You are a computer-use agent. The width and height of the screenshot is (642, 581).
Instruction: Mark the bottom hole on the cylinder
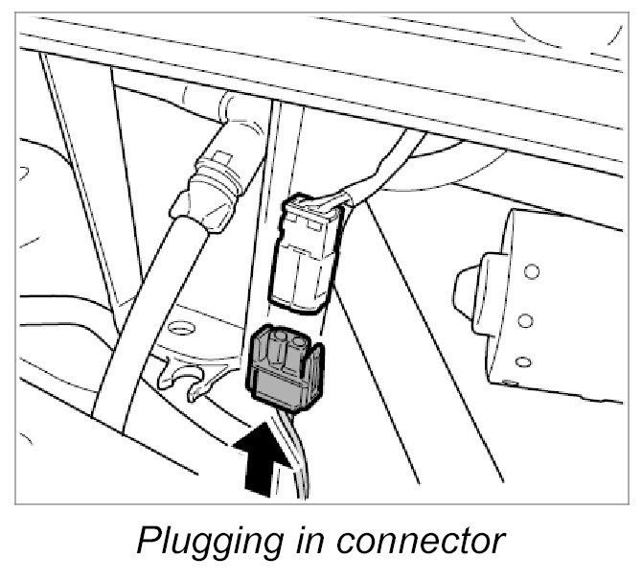(x=522, y=362)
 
